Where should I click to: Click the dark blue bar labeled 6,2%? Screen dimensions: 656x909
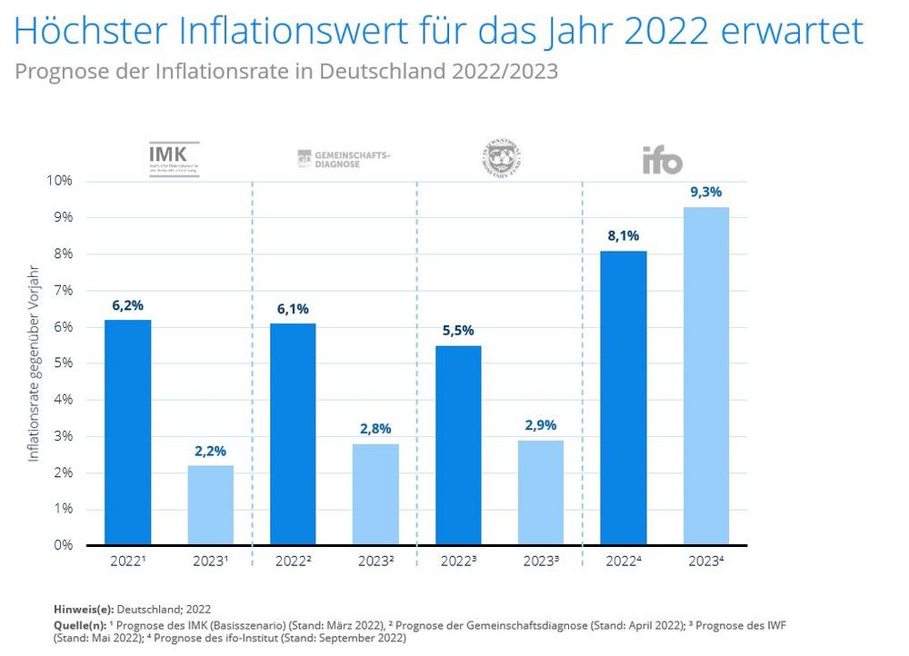click(128, 432)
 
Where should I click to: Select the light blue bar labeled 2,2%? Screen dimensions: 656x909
click(211, 505)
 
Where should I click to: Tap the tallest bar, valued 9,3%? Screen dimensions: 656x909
click(706, 376)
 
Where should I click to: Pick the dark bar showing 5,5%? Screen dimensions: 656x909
click(458, 445)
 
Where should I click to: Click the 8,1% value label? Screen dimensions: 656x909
click(624, 235)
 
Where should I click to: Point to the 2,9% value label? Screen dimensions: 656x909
click(541, 425)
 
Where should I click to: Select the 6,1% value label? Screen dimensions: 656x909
click(293, 309)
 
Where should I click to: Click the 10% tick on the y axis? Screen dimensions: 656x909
click(59, 181)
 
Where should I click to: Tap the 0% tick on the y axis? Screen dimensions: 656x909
click(62, 545)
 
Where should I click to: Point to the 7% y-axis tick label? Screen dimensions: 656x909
click(62, 291)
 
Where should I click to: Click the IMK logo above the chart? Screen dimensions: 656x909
click(174, 159)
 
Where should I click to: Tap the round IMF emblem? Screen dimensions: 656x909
click(501, 160)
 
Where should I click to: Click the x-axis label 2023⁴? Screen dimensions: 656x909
click(706, 562)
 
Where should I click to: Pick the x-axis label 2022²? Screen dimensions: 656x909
click(293, 562)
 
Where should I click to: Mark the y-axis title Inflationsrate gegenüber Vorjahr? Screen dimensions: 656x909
click(34, 363)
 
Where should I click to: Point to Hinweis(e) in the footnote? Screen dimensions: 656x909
click(83, 610)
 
